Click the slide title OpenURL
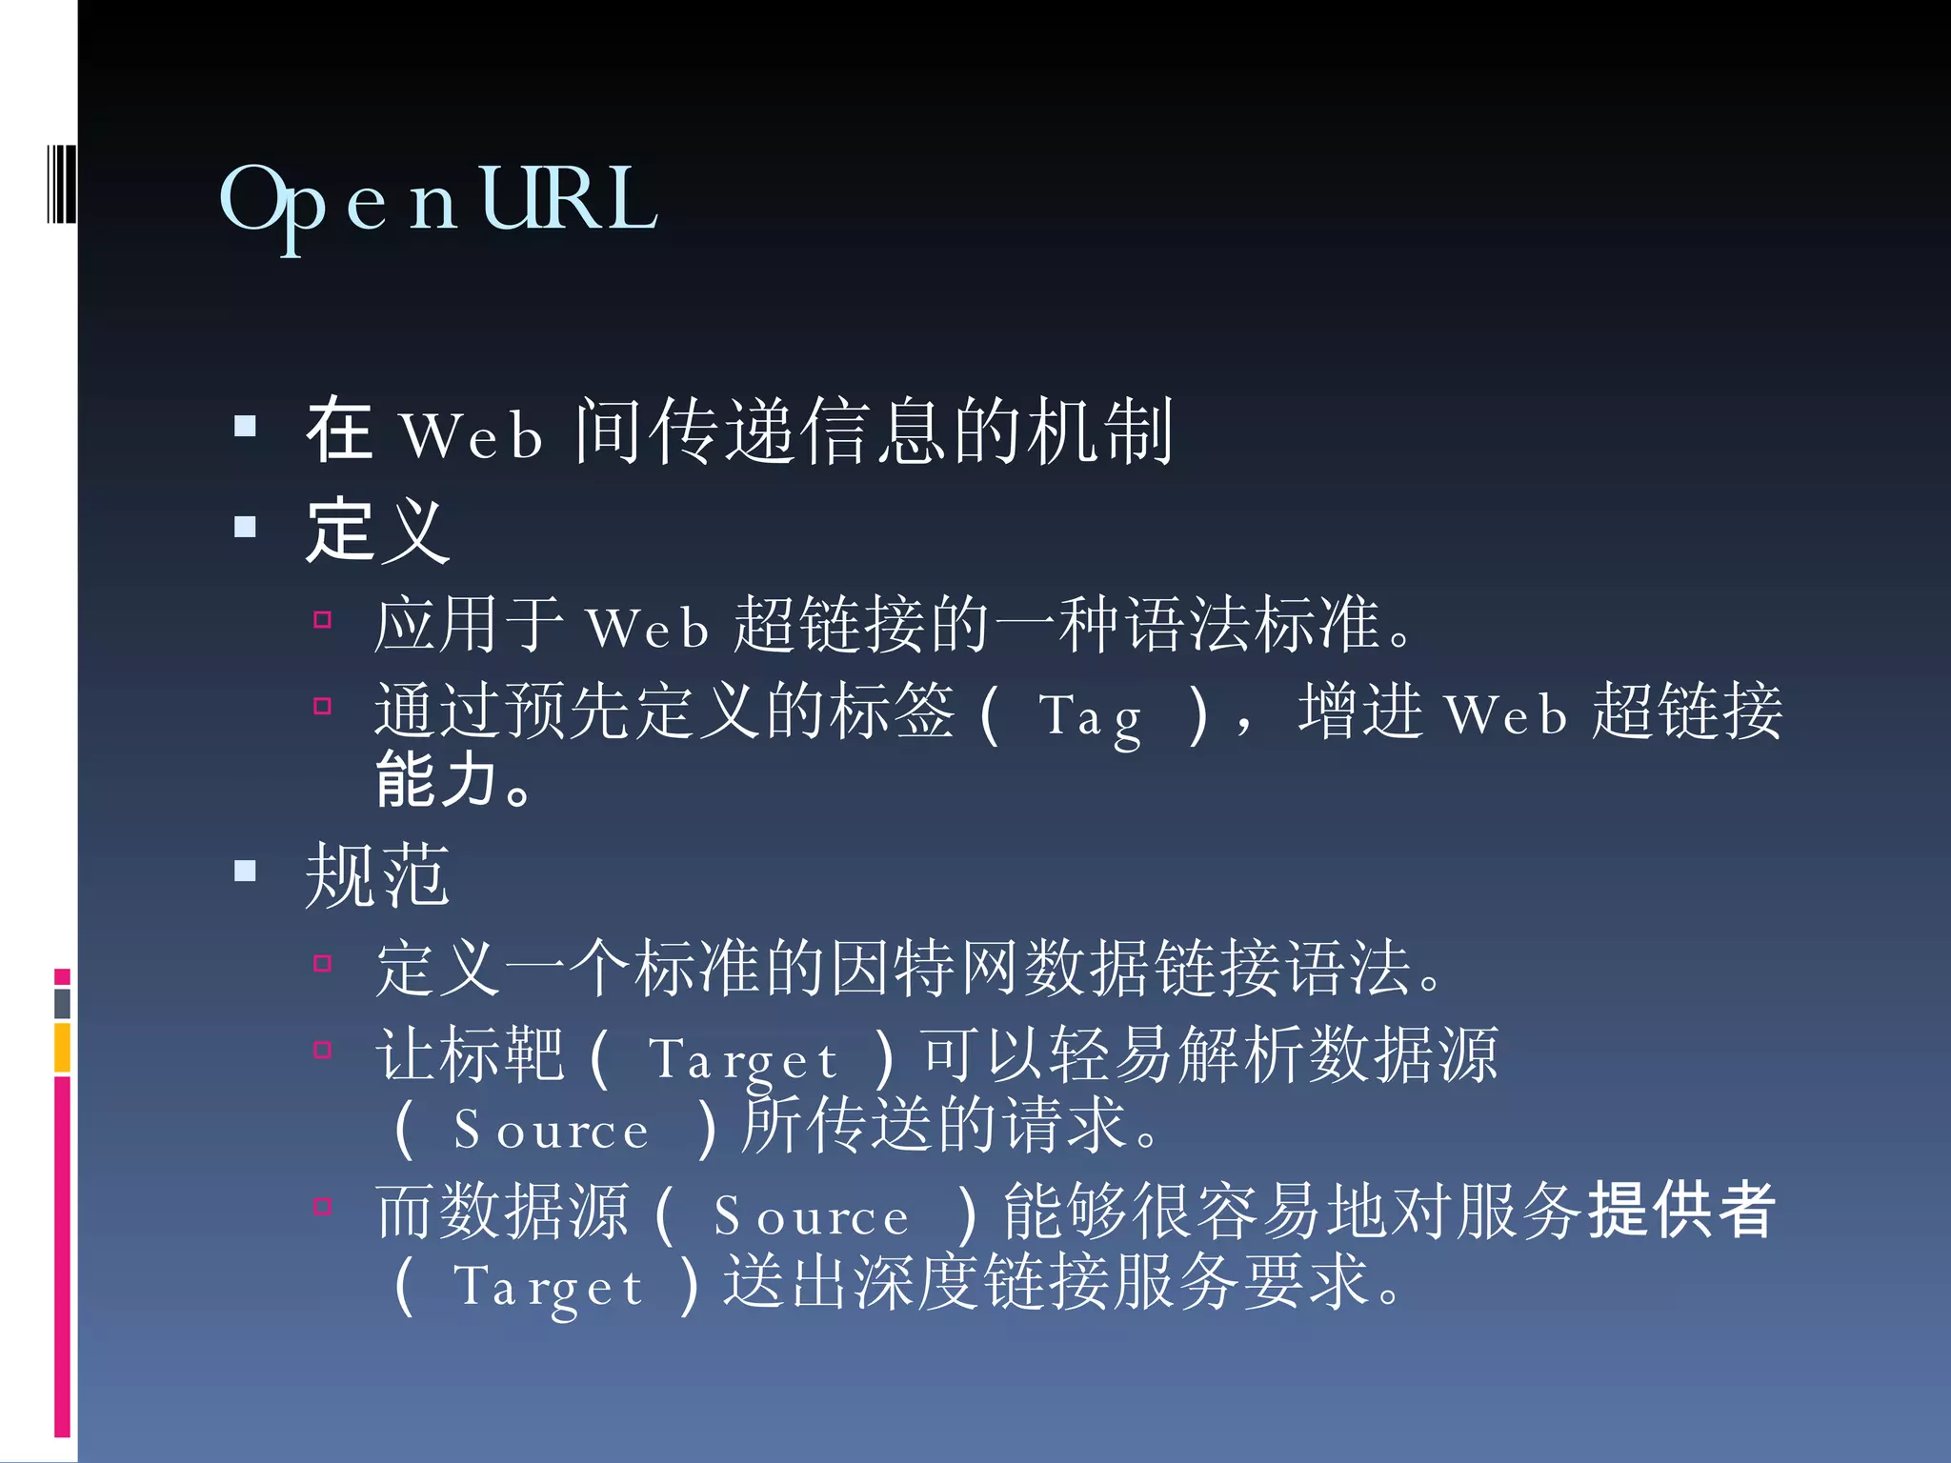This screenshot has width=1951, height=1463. [x=438, y=200]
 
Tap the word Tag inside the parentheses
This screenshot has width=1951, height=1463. [x=1091, y=716]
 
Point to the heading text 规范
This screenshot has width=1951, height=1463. [x=377, y=874]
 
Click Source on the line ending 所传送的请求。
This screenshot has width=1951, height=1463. [x=551, y=1131]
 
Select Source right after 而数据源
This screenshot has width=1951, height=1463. [x=812, y=1216]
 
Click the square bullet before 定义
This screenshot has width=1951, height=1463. [x=246, y=527]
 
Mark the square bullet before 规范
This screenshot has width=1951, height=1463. [x=246, y=871]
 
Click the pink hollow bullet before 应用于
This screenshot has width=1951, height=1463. [x=323, y=621]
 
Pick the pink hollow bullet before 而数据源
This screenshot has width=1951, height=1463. [x=323, y=1207]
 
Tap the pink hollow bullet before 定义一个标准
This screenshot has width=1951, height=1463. [x=323, y=963]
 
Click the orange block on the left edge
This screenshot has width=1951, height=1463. [x=62, y=1047]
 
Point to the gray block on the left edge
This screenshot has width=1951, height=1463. [x=62, y=1003]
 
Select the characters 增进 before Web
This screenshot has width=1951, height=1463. [x=1360, y=711]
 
